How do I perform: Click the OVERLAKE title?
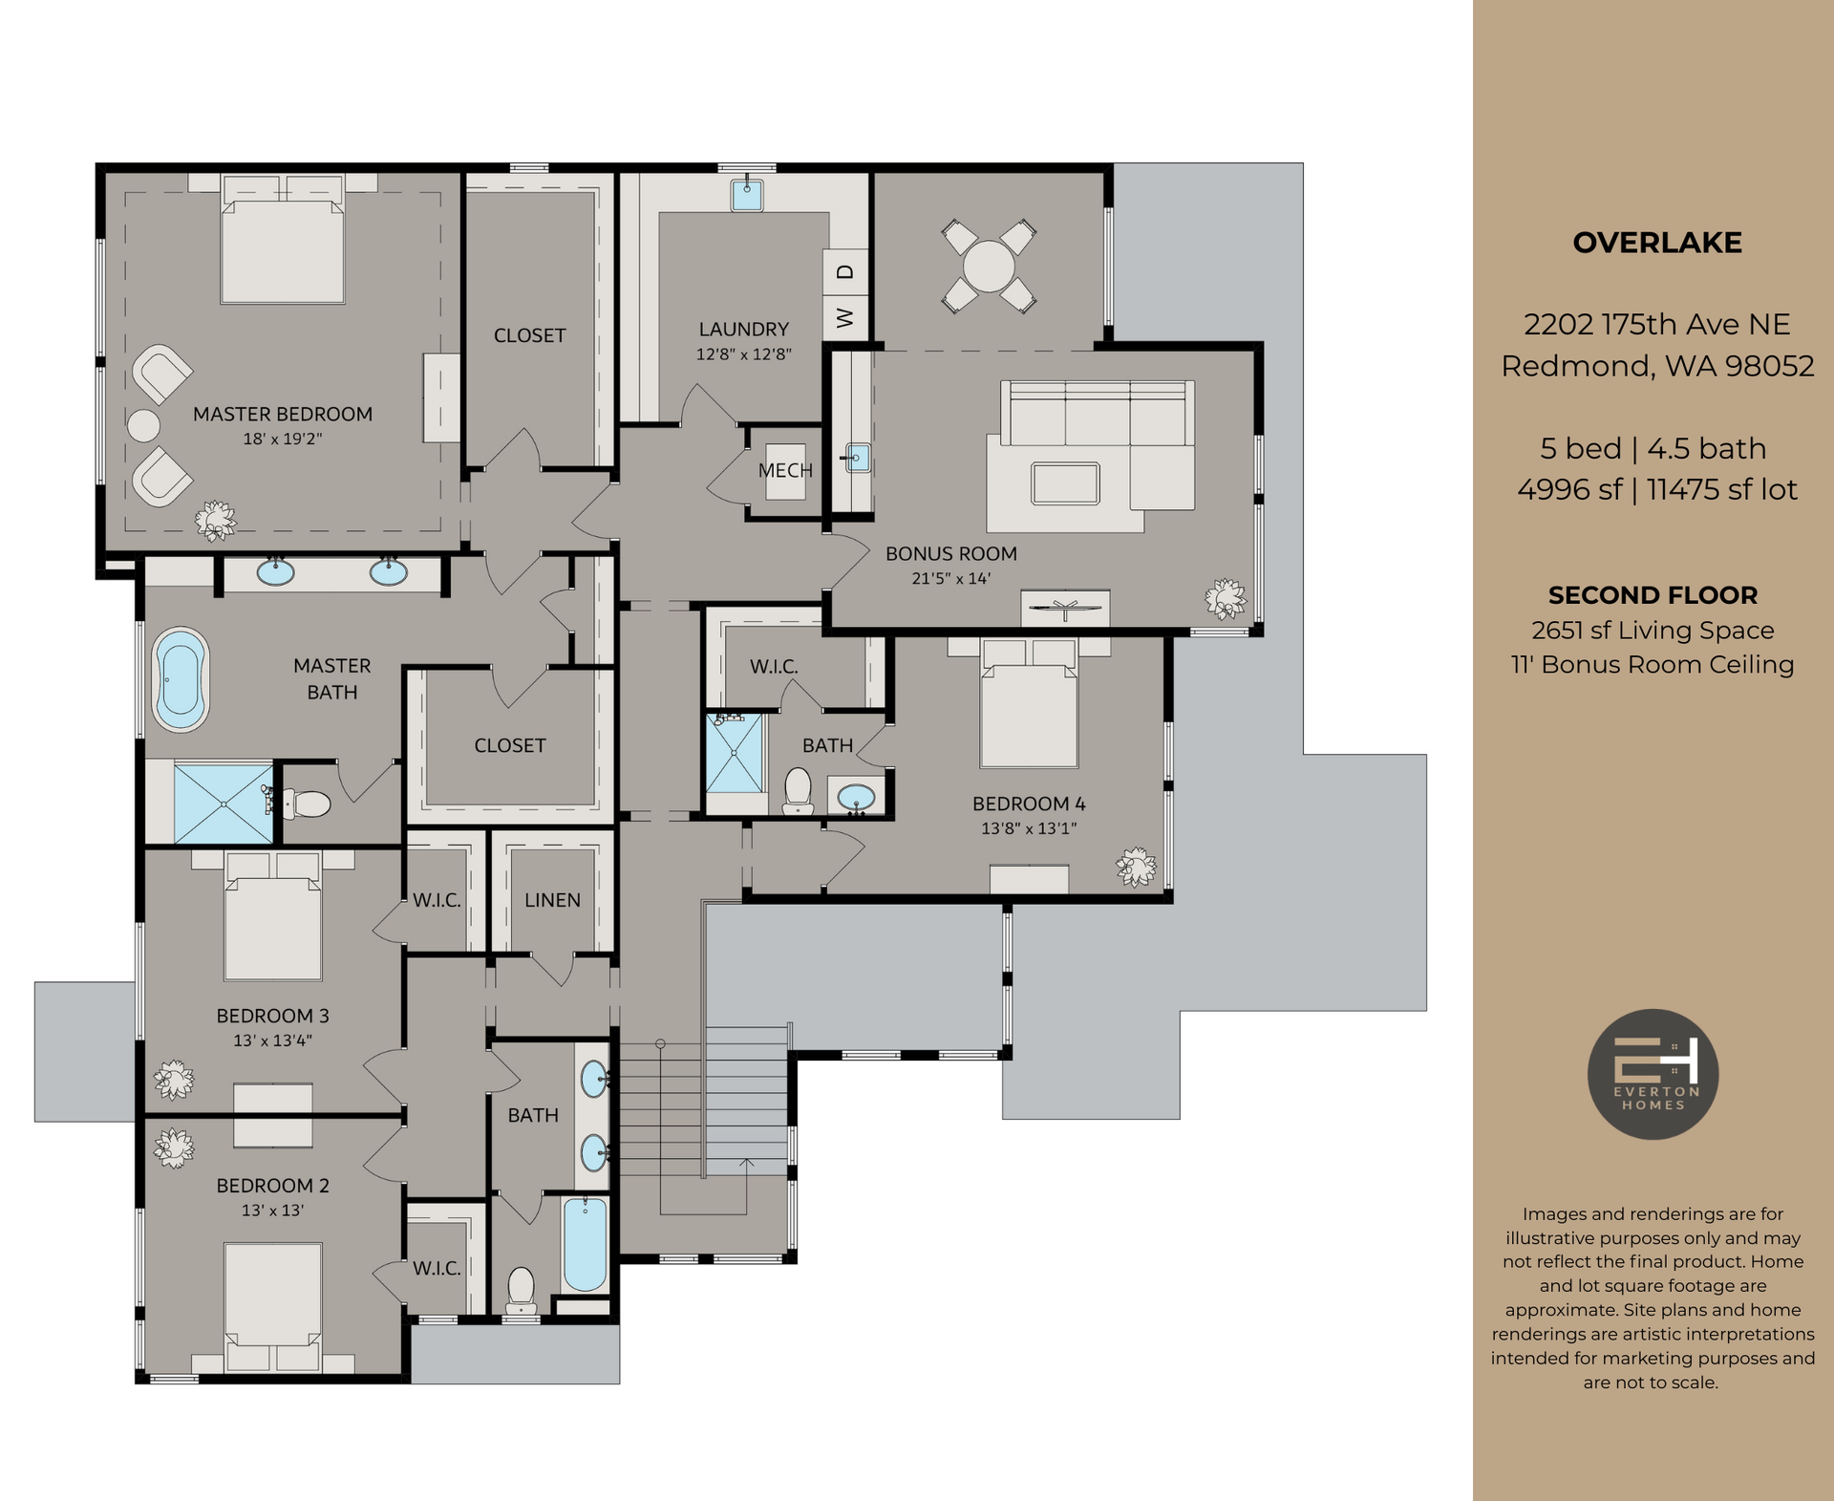coord(1656,243)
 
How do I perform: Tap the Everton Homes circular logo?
coord(1653,1074)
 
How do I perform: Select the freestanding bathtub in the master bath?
coord(181,679)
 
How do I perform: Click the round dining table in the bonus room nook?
coord(989,266)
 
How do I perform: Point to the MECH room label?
coord(785,470)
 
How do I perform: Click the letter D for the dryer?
coord(845,272)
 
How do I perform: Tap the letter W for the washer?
coord(845,317)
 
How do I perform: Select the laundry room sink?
coord(747,195)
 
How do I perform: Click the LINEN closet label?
coord(552,900)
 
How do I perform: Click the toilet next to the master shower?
coord(309,803)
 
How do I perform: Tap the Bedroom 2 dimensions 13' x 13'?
coord(272,1211)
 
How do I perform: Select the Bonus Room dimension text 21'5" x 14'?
coord(950,578)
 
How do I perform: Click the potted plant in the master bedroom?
coord(216,520)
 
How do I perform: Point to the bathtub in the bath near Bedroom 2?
coord(585,1244)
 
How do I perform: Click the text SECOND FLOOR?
coord(1653,595)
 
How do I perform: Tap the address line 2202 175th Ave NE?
coord(1656,325)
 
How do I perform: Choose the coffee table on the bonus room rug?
coord(1065,482)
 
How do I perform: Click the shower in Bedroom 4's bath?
coord(735,753)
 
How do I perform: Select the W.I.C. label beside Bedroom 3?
coord(437,900)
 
